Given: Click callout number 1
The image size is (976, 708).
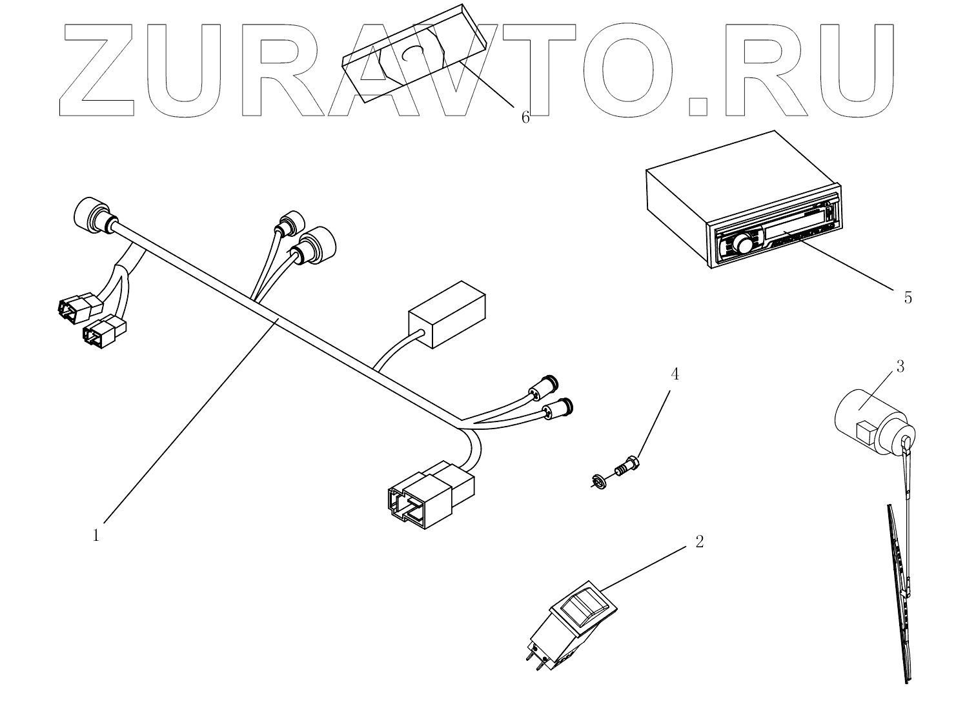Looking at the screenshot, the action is [96, 536].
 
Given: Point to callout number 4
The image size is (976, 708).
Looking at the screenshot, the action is [675, 374].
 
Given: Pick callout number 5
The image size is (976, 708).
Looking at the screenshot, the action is [908, 298].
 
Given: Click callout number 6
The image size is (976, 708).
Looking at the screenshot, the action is [525, 117].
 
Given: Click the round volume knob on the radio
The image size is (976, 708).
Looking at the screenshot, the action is [743, 243].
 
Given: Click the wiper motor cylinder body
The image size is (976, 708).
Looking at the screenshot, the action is [862, 416].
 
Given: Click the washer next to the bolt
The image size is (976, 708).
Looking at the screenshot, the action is [598, 480].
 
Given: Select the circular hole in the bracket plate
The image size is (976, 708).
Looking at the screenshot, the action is [412, 54].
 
